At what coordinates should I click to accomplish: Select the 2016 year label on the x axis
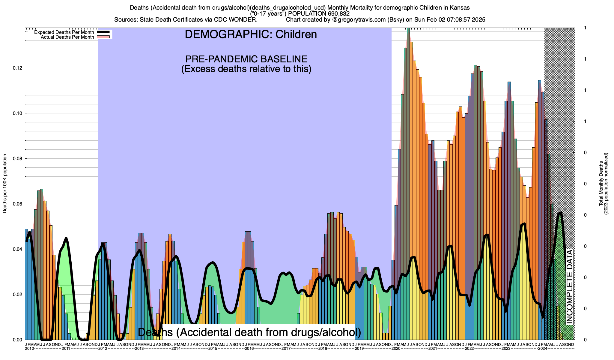point(249,349)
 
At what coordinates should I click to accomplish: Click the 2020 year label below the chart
point(396,349)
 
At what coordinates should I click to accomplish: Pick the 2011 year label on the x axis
point(66,349)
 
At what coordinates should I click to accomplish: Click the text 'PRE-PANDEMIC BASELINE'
point(246,59)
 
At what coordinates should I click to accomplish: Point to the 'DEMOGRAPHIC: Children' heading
point(251,34)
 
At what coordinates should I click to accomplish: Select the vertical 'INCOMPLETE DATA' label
point(569,286)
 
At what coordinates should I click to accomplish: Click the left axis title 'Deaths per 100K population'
point(5,184)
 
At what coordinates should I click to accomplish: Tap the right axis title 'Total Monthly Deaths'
point(601,184)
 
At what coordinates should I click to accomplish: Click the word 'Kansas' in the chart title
point(461,7)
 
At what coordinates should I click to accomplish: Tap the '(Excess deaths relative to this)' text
point(246,69)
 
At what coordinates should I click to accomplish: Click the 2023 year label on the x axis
point(506,349)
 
